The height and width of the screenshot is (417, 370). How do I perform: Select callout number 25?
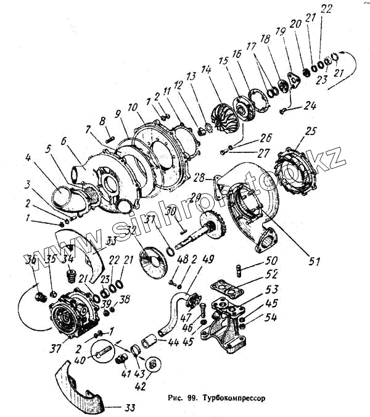click(310, 131)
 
